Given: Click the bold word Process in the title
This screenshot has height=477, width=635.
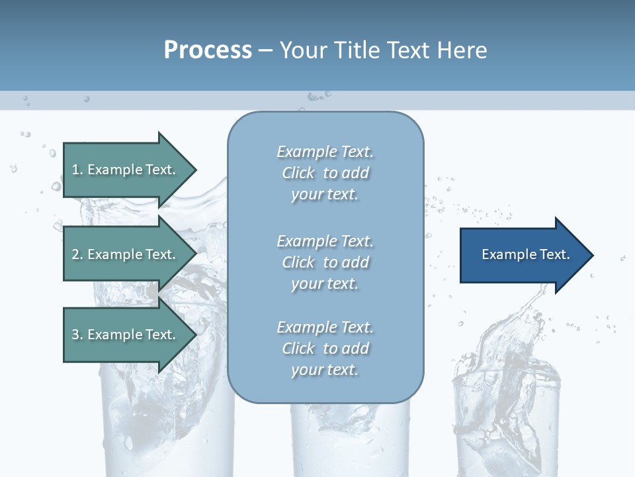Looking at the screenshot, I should (208, 50).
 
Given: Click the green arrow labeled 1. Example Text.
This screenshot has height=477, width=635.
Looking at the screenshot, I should (126, 170).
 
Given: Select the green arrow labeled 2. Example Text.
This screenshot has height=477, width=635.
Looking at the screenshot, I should (126, 254).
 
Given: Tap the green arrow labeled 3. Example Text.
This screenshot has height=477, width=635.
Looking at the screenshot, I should (126, 335).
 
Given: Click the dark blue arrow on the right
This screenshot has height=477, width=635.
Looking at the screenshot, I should (523, 255).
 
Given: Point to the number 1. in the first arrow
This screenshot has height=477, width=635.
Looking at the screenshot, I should (77, 170).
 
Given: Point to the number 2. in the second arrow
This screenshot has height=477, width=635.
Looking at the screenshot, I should (77, 254).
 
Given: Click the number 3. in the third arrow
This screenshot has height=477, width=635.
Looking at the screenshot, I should (77, 335).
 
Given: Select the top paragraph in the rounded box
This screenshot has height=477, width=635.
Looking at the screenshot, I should (325, 173).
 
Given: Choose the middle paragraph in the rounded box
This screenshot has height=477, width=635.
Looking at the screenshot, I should (325, 262).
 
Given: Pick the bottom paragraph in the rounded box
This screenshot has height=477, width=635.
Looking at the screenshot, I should (325, 348).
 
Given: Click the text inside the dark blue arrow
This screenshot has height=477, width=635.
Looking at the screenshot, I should (525, 254).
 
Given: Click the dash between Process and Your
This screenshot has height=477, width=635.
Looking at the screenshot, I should (265, 50).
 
